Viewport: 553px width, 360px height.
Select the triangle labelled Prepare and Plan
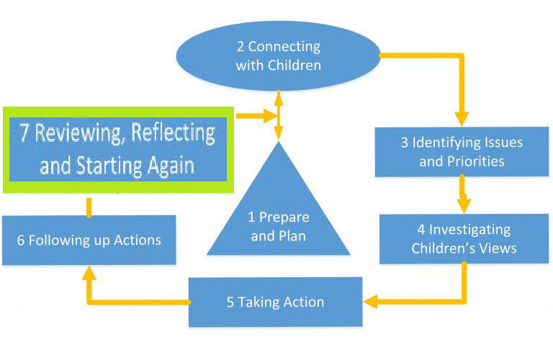click(279, 216)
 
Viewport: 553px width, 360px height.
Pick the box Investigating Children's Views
click(464, 238)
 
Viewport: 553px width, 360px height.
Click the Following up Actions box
click(89, 240)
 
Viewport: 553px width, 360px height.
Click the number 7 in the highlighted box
click(24, 134)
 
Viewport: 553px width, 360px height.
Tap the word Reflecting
click(173, 133)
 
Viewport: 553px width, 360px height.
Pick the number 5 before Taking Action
click(230, 302)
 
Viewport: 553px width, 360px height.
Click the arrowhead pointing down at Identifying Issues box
click(461, 117)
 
